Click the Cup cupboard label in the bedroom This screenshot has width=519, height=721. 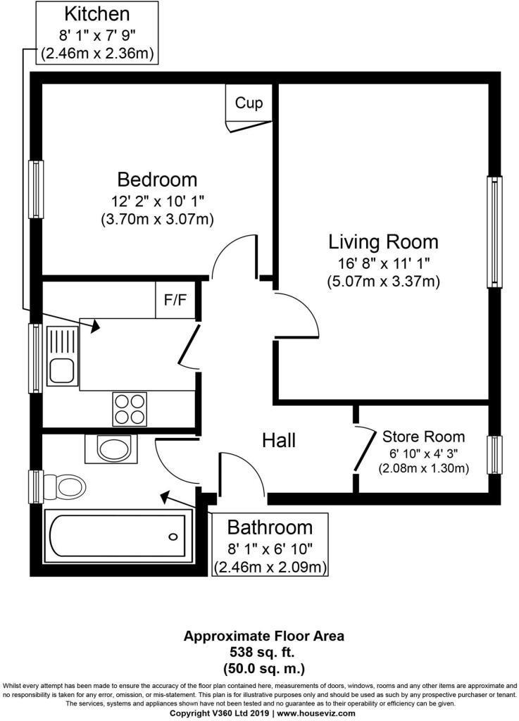coord(249,104)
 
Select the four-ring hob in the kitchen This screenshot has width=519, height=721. coord(130,408)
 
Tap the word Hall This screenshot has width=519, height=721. coord(279,441)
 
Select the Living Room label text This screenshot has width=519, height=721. coord(383,242)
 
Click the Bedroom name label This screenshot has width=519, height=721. coord(157,179)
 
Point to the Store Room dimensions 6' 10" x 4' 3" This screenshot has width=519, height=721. coord(424,453)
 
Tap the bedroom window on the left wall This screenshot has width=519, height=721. coord(35,189)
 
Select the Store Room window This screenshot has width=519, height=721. coord(495,457)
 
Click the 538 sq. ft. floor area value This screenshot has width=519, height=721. coord(264,651)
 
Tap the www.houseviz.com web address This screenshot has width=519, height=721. coord(315,713)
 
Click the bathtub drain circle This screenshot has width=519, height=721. coord(173,537)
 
